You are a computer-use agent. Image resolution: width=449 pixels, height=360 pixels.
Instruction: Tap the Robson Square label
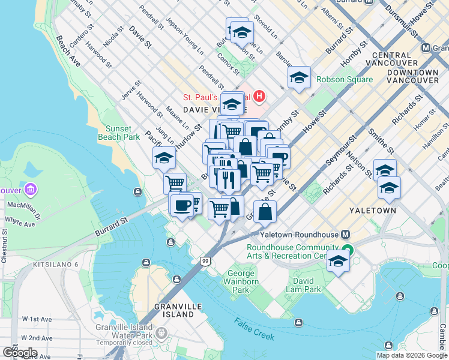coord(345,79)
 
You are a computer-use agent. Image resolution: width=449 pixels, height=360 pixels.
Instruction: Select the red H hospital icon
coord(259,96)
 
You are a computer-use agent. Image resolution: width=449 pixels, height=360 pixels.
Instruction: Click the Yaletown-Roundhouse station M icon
coord(346,235)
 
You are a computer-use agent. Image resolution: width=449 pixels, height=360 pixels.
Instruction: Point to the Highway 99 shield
coord(205,261)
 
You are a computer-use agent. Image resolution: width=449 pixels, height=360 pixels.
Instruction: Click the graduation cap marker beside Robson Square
coord(299,77)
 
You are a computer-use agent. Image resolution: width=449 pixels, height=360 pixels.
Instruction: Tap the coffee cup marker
coord(181,205)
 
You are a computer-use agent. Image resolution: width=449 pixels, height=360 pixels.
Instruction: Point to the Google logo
coord(20,352)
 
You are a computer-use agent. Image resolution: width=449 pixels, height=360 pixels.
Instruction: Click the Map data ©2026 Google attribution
coord(411,355)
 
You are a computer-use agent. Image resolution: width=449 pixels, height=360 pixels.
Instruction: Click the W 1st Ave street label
coord(37,319)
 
